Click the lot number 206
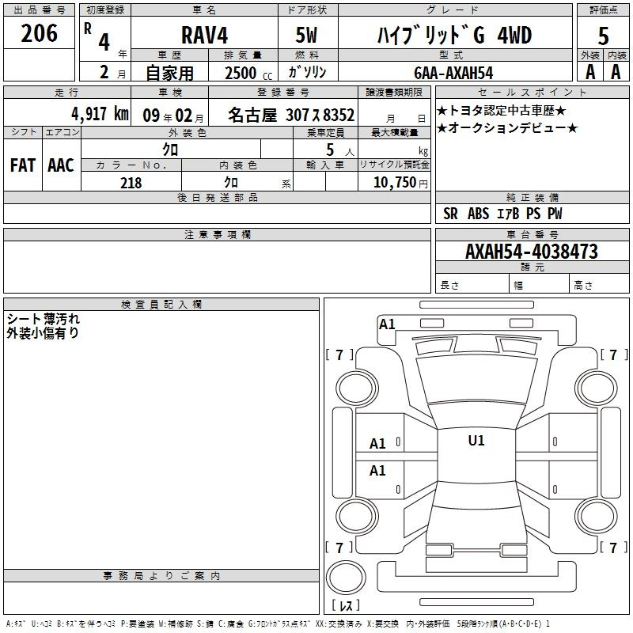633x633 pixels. pos(39,33)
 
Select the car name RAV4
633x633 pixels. pos(204,35)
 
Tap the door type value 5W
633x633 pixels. pos(306,35)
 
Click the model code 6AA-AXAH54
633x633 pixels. pos(453,73)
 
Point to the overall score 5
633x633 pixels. pos(603,36)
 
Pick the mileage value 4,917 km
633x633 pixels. pos(100,114)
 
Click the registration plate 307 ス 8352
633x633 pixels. pos(320,115)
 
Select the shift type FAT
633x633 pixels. pos(23,165)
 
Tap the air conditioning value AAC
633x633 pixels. pos(61,165)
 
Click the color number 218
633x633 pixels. pos(131,183)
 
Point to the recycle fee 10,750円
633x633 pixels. pos(400,183)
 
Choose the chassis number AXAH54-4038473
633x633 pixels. pos(531,252)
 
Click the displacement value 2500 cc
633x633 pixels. pos(248,73)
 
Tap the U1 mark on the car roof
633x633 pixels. pos(476,441)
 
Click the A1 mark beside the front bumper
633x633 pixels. pos(387,324)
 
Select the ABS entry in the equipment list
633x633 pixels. pos(479,214)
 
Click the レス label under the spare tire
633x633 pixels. pos(346,605)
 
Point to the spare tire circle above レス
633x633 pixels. pos(346,577)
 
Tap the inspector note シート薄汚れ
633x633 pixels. pos(44,319)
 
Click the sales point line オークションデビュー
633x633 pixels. pos(507,128)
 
